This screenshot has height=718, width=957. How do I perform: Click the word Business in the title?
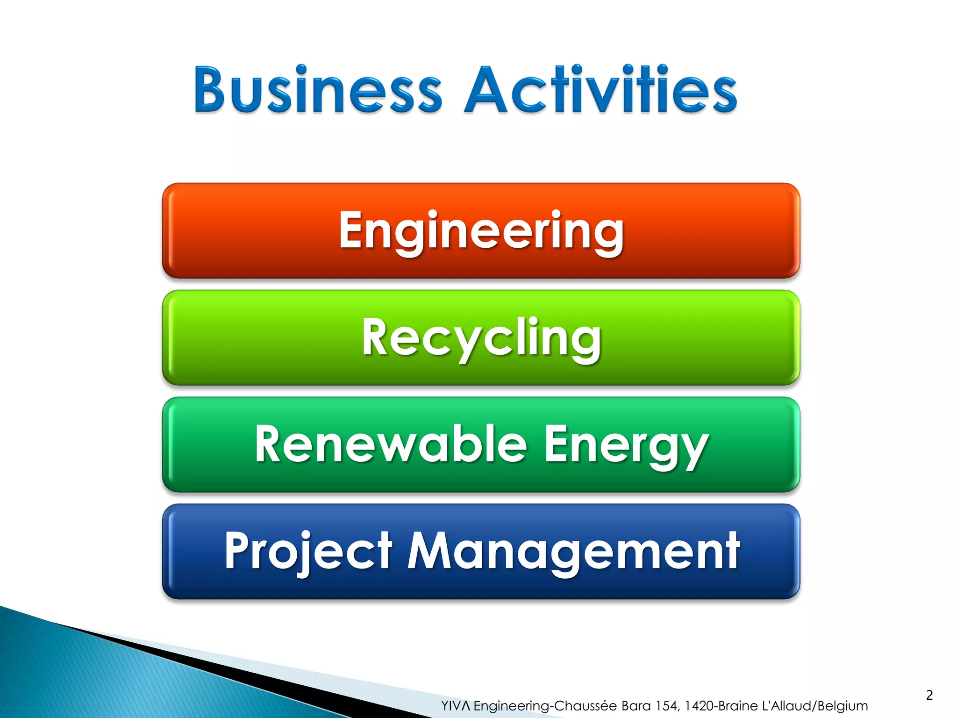(318, 90)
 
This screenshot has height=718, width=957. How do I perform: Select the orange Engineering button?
(481, 230)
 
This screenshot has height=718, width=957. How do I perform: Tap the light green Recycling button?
(481, 337)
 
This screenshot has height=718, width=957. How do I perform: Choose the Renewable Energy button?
(481, 445)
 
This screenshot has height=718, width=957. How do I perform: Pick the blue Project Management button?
(481, 552)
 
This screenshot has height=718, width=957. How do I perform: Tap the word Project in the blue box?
(308, 552)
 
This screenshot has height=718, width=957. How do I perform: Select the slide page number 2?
(929, 695)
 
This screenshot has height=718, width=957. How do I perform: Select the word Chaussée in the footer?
(586, 706)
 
